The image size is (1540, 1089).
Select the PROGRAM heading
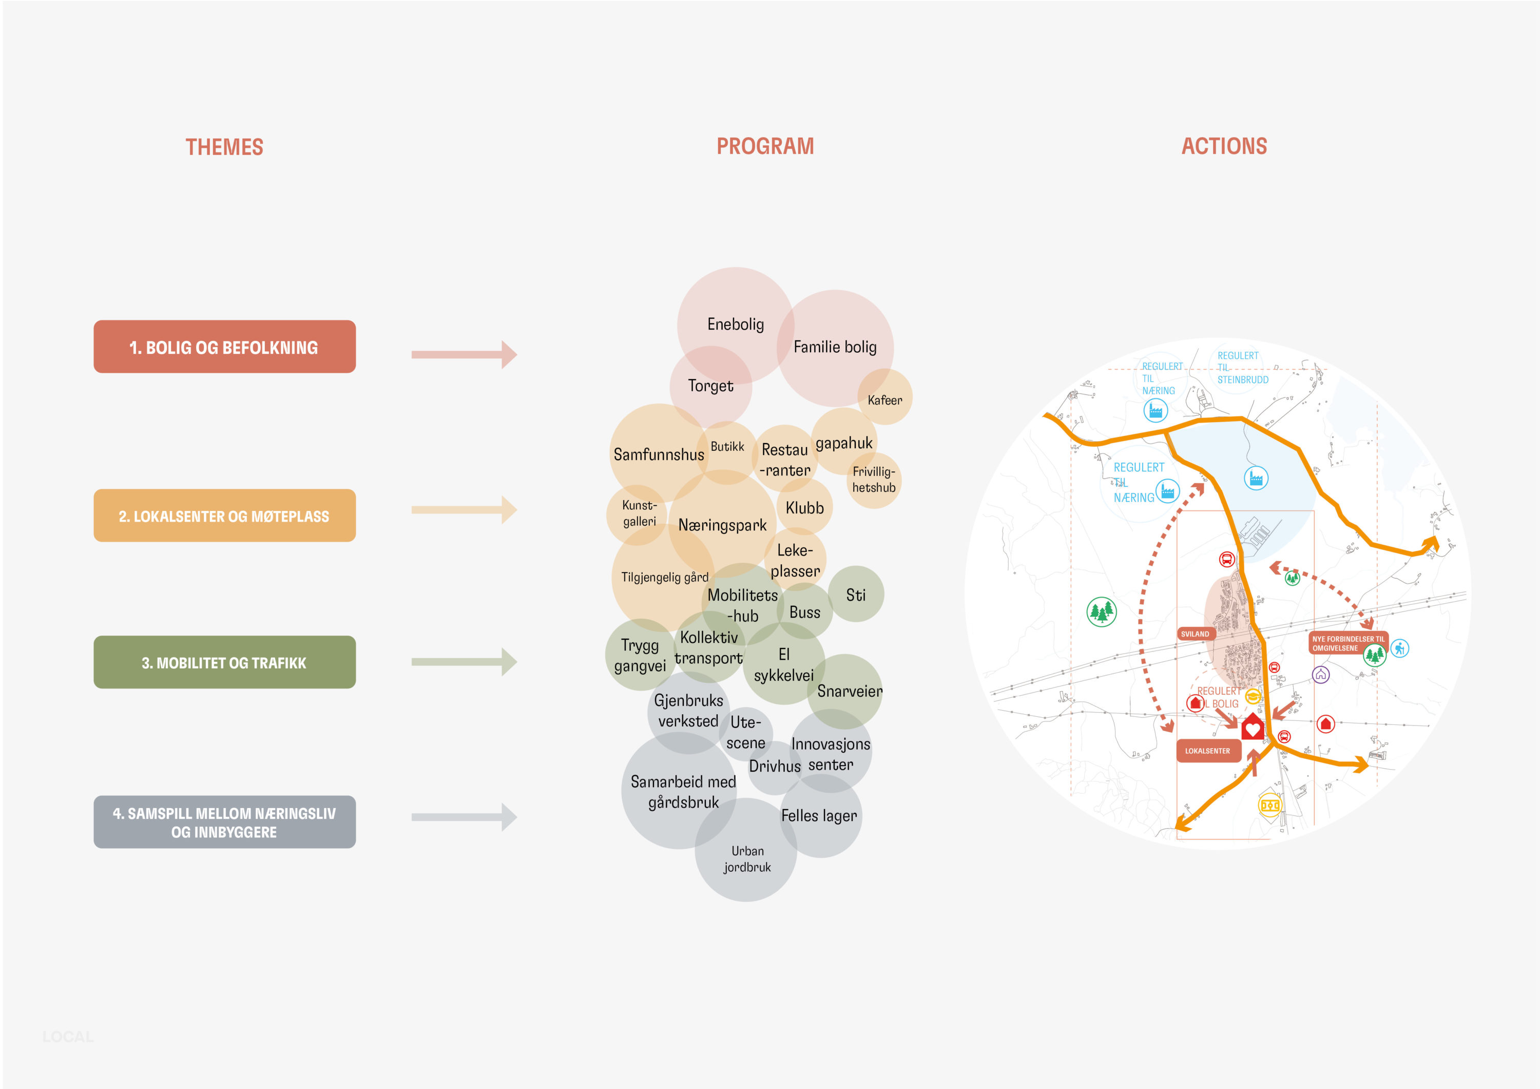[765, 146]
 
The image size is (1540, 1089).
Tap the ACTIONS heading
[1224, 146]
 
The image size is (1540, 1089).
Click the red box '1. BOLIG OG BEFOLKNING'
[224, 347]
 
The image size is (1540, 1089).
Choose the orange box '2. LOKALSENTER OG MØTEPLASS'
[224, 516]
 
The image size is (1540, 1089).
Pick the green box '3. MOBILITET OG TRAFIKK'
[224, 662]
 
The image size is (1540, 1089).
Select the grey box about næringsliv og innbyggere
[224, 822]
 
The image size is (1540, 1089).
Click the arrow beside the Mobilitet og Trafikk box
[464, 662]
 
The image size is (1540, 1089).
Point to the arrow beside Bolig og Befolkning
[464, 354]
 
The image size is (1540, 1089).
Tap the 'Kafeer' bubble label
[884, 400]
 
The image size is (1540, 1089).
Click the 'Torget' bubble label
[710, 386]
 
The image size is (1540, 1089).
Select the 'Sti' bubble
[855, 595]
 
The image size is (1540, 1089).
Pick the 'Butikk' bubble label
[727, 447]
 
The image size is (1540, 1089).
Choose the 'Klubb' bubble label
[804, 508]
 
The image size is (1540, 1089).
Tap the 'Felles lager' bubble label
[819, 816]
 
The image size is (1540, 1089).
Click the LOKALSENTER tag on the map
[1207, 751]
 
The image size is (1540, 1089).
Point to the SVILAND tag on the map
[1195, 634]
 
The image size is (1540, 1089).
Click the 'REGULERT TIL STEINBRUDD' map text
[1242, 368]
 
